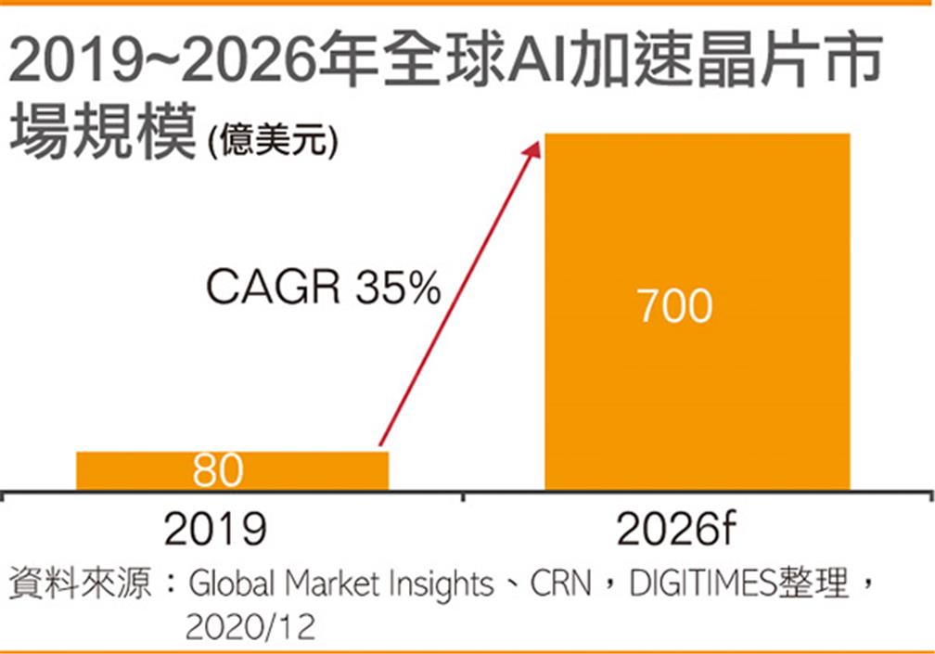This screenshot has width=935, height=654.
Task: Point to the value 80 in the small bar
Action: coord(218,471)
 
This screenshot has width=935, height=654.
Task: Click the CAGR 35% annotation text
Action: coord(322,289)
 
